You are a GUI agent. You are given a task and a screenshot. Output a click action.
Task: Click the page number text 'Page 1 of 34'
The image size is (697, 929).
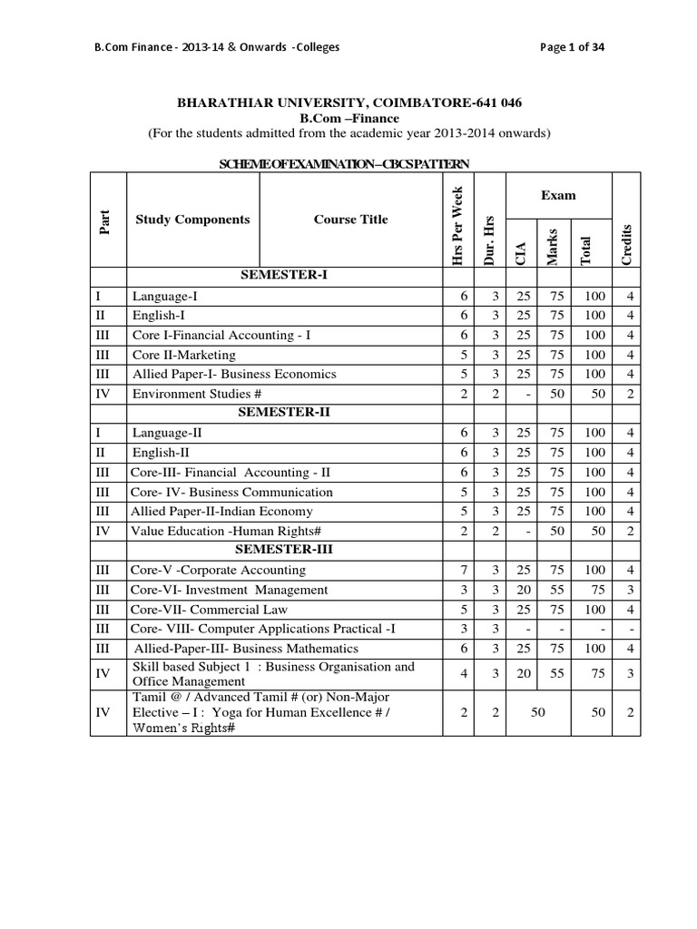(573, 48)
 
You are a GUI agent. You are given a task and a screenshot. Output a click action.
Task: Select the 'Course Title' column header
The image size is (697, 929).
(350, 219)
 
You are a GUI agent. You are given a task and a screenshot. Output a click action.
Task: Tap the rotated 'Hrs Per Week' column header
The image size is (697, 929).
(458, 225)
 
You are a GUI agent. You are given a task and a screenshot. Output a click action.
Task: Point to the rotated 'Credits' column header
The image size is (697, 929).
(626, 243)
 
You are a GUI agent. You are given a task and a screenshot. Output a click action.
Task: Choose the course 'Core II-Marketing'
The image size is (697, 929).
(184, 355)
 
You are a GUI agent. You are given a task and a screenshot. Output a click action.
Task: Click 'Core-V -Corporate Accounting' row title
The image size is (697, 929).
(218, 570)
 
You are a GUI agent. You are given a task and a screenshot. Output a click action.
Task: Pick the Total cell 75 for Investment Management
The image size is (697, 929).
(594, 590)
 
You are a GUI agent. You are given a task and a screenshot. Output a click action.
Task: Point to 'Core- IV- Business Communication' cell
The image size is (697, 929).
(231, 492)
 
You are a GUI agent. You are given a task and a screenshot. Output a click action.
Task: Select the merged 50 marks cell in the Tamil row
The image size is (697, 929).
(537, 714)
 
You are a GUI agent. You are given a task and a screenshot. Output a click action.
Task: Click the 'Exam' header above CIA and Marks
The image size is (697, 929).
(558, 195)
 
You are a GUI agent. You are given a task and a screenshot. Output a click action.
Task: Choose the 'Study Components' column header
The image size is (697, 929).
(192, 219)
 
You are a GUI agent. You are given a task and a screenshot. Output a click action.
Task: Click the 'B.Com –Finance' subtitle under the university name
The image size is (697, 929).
(349, 118)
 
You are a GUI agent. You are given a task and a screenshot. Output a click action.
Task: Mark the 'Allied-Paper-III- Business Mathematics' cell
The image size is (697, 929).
(246, 649)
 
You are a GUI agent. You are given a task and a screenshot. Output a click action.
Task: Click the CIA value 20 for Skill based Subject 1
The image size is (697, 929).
(521, 674)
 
